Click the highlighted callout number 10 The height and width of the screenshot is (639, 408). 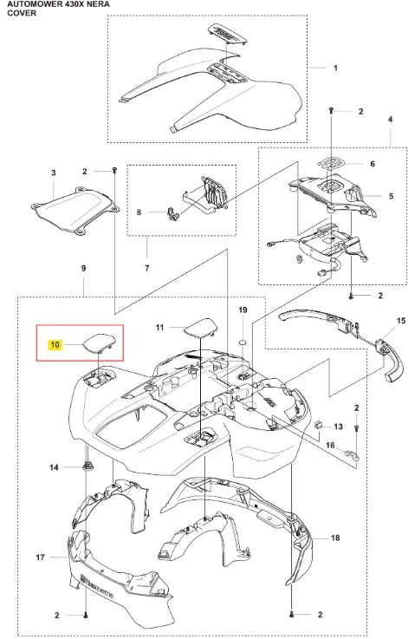[55, 345]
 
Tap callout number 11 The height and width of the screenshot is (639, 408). [159, 327]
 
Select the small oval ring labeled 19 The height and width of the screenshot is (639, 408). [243, 341]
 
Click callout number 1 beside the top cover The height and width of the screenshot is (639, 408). [335, 68]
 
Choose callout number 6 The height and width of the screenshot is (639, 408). [372, 164]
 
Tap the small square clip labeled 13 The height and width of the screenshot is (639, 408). [320, 425]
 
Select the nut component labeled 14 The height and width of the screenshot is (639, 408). [87, 466]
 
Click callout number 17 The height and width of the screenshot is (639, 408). [40, 557]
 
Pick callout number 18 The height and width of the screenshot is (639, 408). [335, 538]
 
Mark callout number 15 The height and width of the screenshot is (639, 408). [401, 321]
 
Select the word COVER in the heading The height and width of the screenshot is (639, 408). [22, 13]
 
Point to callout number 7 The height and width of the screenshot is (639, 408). [147, 268]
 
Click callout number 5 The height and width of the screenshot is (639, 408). [391, 196]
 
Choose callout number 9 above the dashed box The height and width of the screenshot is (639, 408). [83, 268]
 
